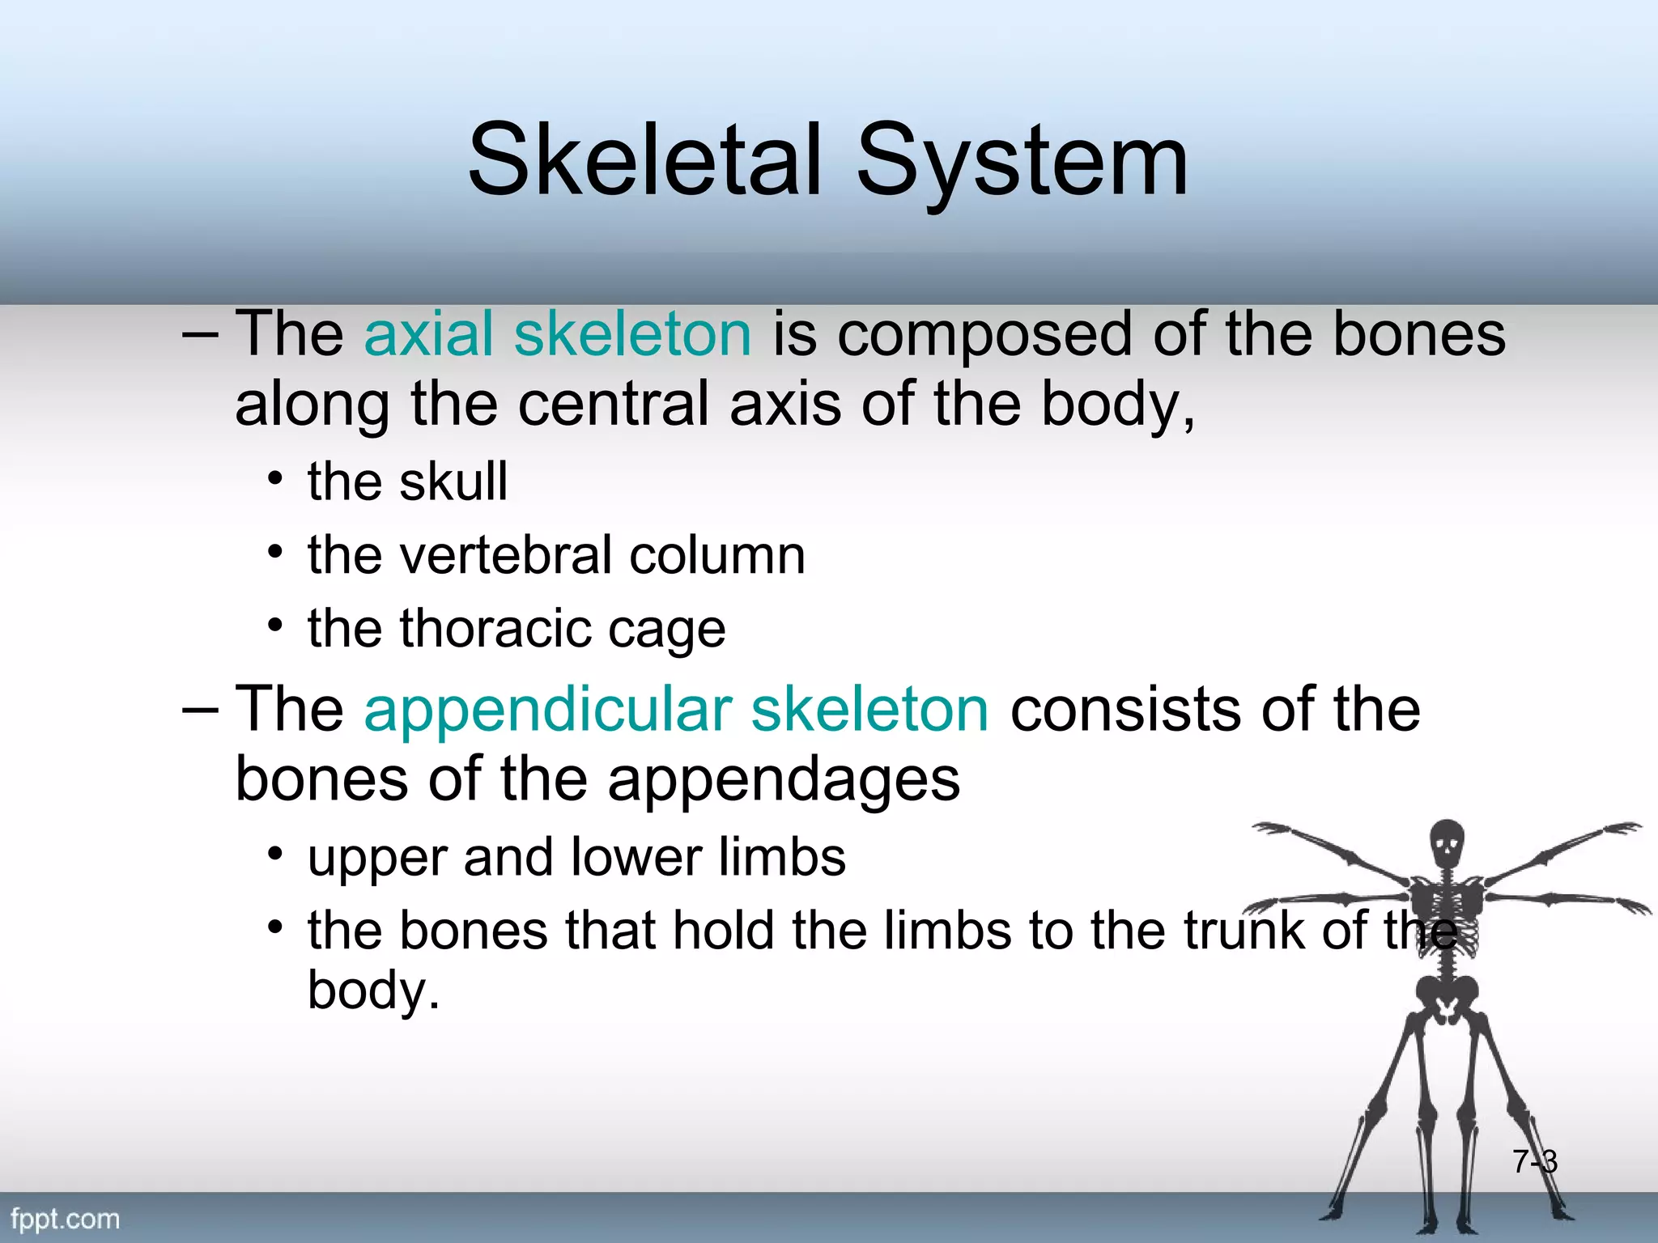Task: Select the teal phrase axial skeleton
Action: pyautogui.click(x=558, y=334)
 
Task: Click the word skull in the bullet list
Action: pyautogui.click(x=453, y=482)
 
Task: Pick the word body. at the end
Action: pyautogui.click(x=373, y=991)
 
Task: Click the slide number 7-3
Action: pyautogui.click(x=1534, y=1162)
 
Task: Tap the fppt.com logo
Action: pyautogui.click(x=65, y=1219)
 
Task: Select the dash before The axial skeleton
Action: pyautogui.click(x=199, y=334)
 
